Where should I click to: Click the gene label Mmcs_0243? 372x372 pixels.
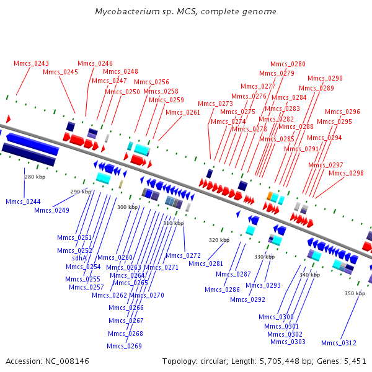32,64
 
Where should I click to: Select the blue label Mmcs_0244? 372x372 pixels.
23,201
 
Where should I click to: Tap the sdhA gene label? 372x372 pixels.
79,258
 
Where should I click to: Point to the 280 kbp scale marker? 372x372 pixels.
35,177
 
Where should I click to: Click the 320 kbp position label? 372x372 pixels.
219,240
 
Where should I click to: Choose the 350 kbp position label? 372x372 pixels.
355,293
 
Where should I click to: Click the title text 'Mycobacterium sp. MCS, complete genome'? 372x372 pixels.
186,11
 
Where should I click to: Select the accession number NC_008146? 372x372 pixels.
67,361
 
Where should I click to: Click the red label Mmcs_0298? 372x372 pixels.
346,173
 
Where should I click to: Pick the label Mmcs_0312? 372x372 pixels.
339,343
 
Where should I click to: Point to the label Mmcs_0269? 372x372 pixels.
124,346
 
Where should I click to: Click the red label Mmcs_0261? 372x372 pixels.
183,112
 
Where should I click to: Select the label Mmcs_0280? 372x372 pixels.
288,64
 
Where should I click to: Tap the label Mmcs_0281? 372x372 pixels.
206,264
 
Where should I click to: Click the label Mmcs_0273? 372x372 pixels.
215,104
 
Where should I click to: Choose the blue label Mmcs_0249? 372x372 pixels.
51,210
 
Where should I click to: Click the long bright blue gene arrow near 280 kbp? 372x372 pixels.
32,144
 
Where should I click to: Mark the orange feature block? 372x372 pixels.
270,196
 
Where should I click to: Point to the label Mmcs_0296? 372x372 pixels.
342,112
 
